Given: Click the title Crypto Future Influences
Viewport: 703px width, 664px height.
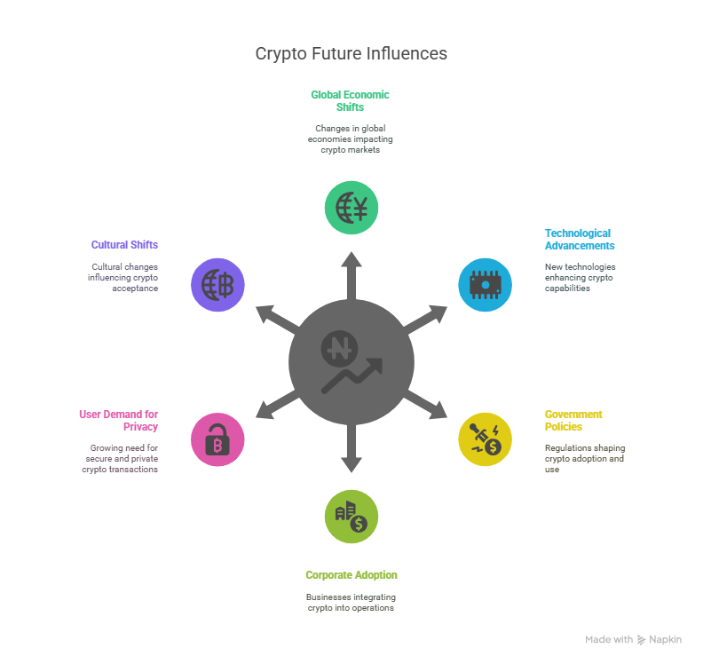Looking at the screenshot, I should coord(351,53).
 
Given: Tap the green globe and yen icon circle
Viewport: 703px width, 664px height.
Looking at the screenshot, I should coord(351,207).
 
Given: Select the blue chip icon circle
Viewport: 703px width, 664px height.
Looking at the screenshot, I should coord(485,285).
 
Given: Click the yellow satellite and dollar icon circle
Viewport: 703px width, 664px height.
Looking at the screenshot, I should coord(485,439).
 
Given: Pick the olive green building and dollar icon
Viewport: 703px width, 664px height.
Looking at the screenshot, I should coord(351,517).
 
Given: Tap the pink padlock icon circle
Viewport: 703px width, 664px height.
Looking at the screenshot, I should coord(217,439).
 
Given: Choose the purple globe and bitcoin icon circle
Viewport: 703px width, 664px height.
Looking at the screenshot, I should coord(217,285).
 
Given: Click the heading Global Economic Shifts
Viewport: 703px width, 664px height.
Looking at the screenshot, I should coord(350,100).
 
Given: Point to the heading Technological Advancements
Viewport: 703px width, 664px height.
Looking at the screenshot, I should coord(579,240).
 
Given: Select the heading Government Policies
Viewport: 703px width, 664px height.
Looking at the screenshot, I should coord(573,420).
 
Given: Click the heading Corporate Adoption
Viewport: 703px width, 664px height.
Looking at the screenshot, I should coord(351,575).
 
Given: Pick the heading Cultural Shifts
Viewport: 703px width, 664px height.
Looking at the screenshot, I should coord(124,244).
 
